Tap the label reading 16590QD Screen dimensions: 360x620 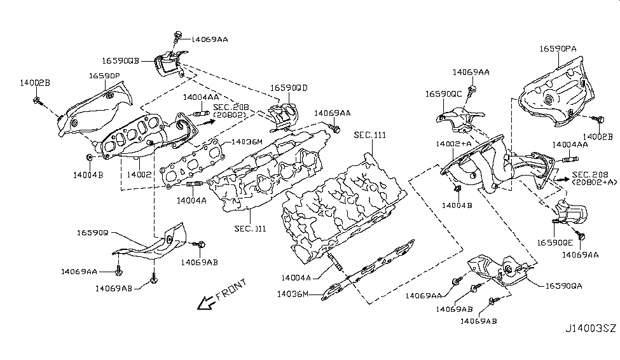288,88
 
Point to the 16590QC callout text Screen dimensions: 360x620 443,94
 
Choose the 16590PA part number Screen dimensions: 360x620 558,48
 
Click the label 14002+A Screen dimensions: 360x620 453,145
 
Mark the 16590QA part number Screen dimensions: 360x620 562,287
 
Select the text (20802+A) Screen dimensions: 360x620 594,183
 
